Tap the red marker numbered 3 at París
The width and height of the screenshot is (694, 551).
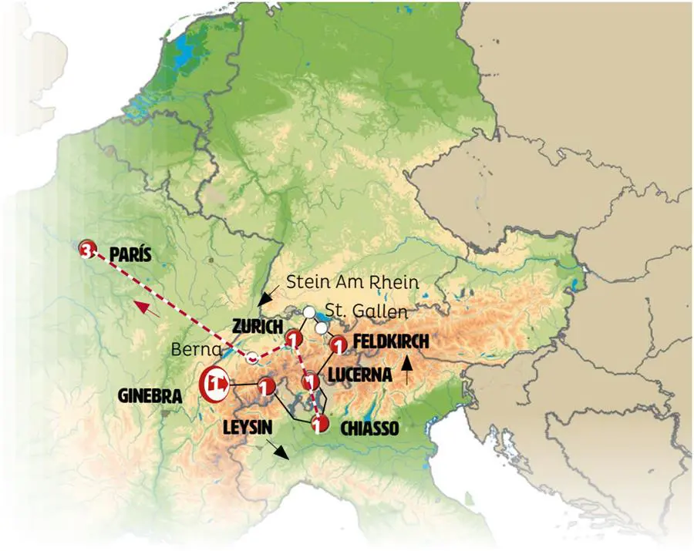88,249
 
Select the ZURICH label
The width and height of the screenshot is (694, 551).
256,326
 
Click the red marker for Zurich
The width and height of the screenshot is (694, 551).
293,339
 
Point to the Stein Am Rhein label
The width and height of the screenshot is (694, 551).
352,283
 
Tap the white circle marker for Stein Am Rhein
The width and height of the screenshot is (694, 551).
308,312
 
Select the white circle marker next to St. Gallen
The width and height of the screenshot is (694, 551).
321,328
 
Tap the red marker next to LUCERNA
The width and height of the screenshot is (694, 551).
310,381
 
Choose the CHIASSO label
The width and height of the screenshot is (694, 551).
369,428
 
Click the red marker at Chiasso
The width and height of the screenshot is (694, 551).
319,423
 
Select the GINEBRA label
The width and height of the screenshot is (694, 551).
152,396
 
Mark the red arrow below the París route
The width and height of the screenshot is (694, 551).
149,310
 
